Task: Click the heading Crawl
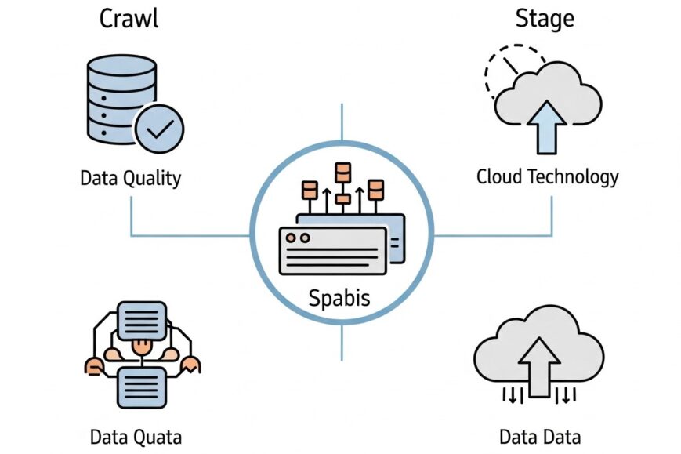[x=129, y=19]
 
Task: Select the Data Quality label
[x=130, y=178]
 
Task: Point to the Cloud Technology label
[x=547, y=176]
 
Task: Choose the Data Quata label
[x=136, y=436]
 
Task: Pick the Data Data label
[x=541, y=436]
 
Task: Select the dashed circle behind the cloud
[x=502, y=67]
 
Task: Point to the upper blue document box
[x=141, y=320]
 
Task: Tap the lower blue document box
[x=141, y=384]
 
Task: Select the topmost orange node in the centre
[x=342, y=170]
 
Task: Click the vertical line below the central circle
[x=342, y=344]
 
